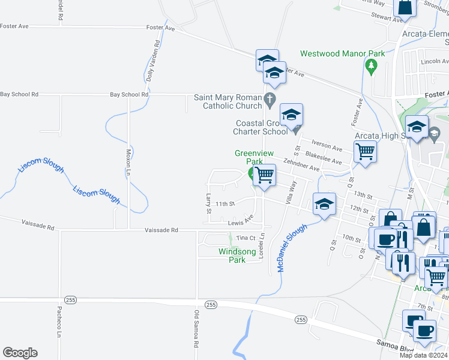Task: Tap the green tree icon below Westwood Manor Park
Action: click(371, 64)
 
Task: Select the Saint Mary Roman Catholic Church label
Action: click(228, 102)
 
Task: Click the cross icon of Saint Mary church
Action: click(270, 98)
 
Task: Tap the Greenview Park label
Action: click(249, 157)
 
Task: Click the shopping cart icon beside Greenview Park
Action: click(264, 175)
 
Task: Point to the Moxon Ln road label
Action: click(128, 162)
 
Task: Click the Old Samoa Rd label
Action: click(196, 329)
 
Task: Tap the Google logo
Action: click(20, 353)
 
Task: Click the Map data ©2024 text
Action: click(423, 355)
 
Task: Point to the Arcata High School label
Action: click(381, 136)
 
